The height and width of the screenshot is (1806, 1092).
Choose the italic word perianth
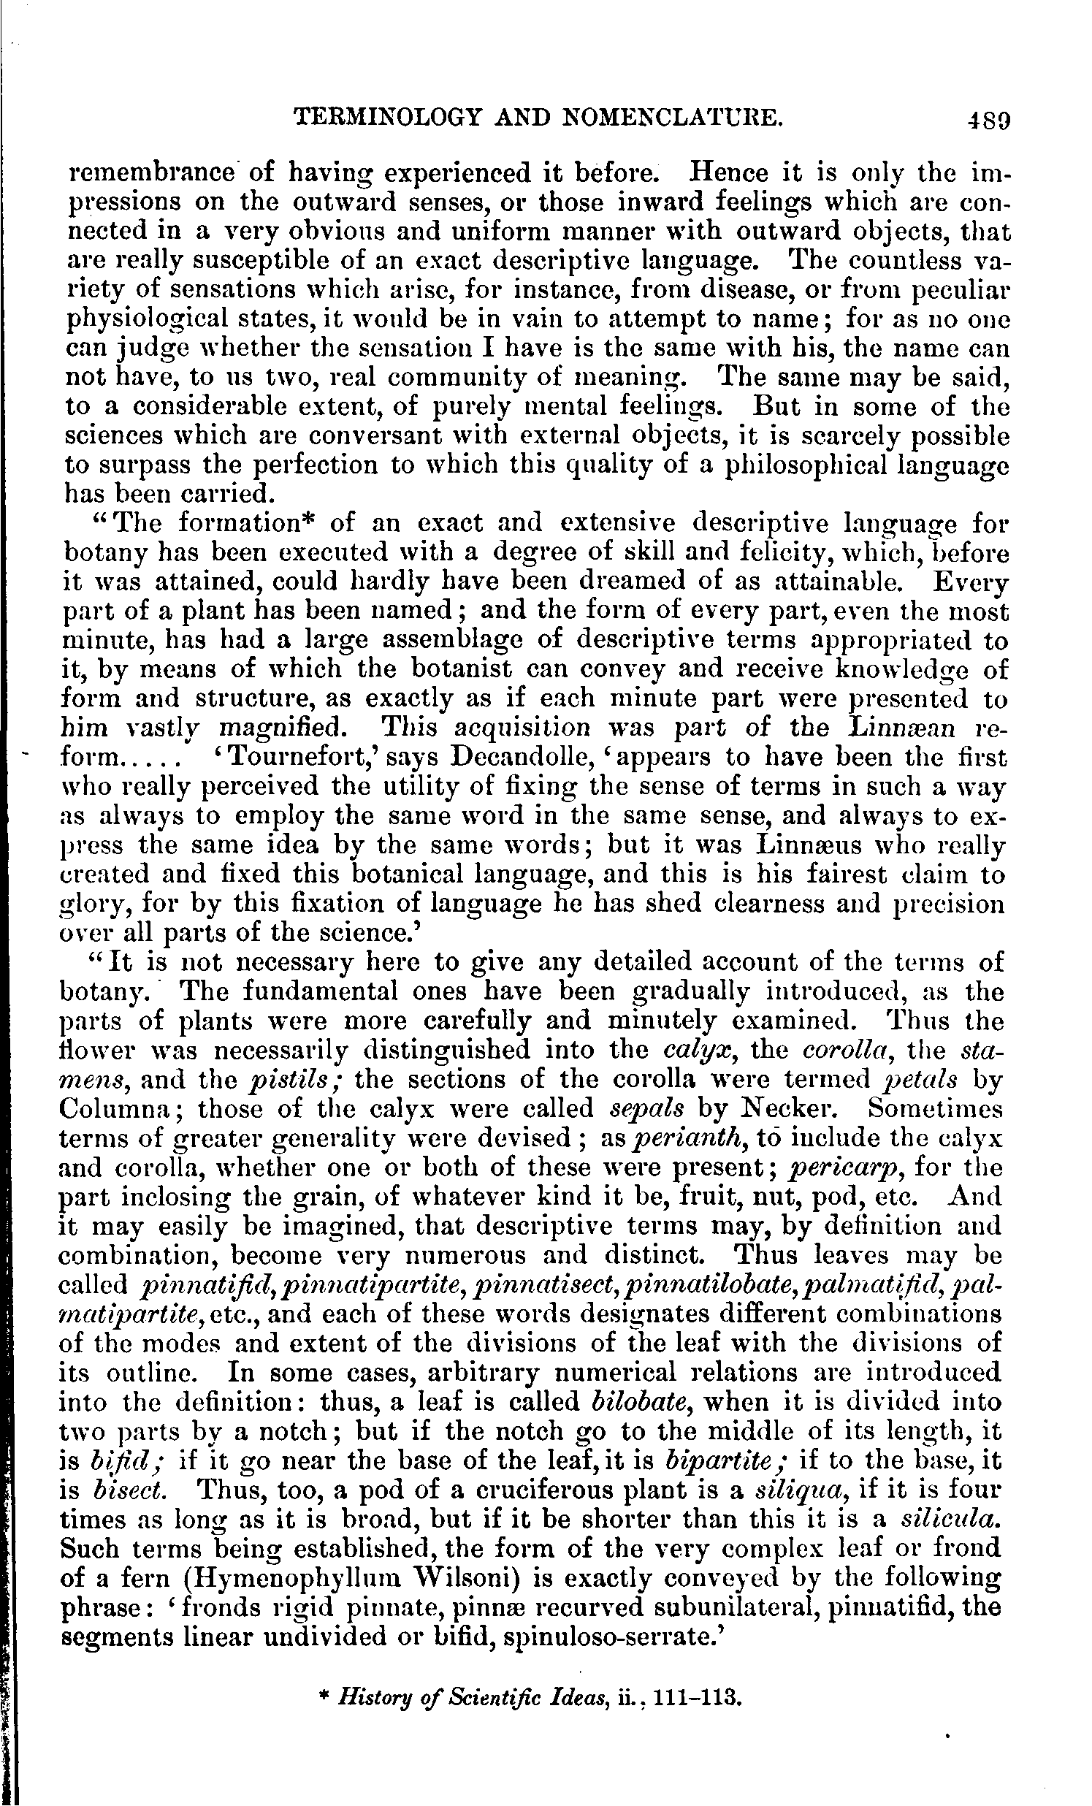(684, 1138)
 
